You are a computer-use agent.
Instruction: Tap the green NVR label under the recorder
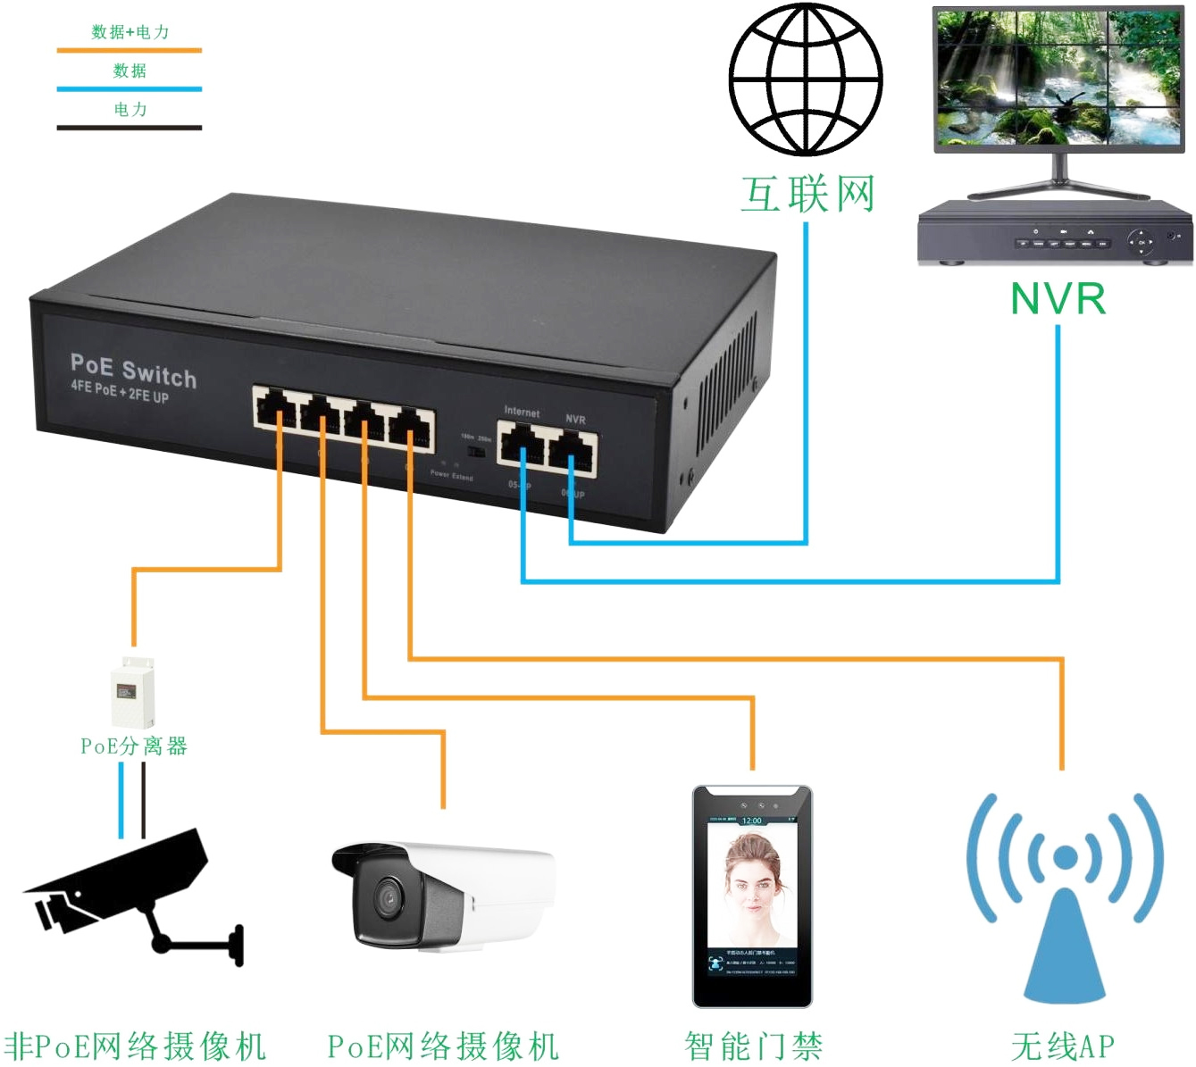(1058, 299)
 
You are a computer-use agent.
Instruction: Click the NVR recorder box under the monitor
(1055, 233)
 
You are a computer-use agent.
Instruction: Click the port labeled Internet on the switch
(522, 444)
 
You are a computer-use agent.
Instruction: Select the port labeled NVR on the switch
(573, 449)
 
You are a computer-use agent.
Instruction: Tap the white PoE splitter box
(132, 692)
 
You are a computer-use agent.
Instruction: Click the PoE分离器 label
(134, 746)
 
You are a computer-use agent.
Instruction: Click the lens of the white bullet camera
(389, 897)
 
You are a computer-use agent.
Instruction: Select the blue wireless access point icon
(1064, 893)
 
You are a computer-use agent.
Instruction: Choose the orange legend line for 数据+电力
(130, 50)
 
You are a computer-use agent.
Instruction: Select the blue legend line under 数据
(130, 89)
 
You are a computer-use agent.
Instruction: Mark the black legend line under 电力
(130, 128)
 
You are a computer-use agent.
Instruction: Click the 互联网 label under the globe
(807, 195)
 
